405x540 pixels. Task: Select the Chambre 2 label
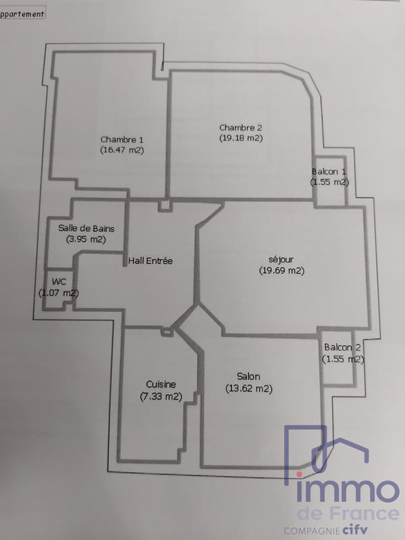(240, 127)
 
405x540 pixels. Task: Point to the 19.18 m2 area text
(240, 138)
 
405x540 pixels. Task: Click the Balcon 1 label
(329, 171)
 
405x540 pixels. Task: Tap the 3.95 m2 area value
(86, 239)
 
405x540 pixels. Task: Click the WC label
(58, 281)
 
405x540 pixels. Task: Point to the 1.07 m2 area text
(59, 293)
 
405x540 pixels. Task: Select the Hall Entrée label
(151, 261)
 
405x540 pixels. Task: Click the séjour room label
(281, 259)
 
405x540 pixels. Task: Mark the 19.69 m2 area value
(281, 271)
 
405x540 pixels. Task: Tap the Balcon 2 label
(342, 348)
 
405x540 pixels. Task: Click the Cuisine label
(161, 385)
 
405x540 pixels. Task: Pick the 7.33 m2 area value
(161, 396)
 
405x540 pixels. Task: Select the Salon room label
(248, 377)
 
